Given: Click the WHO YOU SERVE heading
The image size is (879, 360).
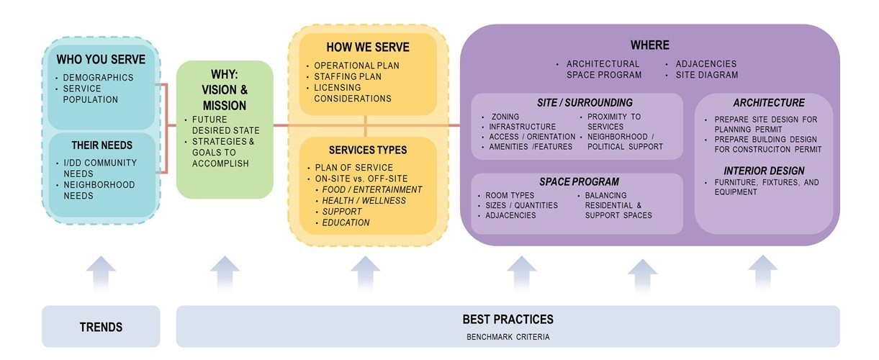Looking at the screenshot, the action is (x=101, y=59).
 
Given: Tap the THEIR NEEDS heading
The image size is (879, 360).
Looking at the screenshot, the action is (x=102, y=145).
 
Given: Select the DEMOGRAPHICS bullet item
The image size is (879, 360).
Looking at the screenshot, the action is (x=98, y=78).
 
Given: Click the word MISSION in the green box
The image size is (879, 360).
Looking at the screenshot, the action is (x=225, y=106).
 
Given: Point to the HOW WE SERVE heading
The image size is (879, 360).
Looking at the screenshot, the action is (x=368, y=47).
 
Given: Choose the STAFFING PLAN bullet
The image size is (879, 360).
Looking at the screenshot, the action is (x=348, y=76).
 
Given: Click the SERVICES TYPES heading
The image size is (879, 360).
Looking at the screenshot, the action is (x=368, y=150).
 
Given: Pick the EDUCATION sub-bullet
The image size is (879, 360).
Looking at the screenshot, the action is (x=346, y=222).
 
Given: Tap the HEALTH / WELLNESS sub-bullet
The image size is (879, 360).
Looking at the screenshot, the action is (x=364, y=201).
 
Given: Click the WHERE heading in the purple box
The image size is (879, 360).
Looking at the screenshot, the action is (x=650, y=45).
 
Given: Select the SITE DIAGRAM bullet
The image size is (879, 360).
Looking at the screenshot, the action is (x=707, y=75).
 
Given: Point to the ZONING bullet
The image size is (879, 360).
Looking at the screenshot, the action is (x=505, y=117).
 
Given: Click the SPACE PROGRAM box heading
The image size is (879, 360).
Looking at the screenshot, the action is (x=579, y=181).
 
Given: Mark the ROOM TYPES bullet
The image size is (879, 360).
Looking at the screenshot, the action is (x=510, y=196).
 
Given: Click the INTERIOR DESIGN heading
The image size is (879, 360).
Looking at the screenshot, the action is (x=764, y=171).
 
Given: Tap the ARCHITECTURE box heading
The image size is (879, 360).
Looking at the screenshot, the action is (x=769, y=103).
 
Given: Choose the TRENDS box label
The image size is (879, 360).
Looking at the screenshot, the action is (x=101, y=327).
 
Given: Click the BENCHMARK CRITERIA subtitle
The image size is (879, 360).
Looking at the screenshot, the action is (x=508, y=337).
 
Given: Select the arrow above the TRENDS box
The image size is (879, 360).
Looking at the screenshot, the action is (x=101, y=274).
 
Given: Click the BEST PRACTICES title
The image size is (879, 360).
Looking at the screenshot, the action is (x=508, y=319).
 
